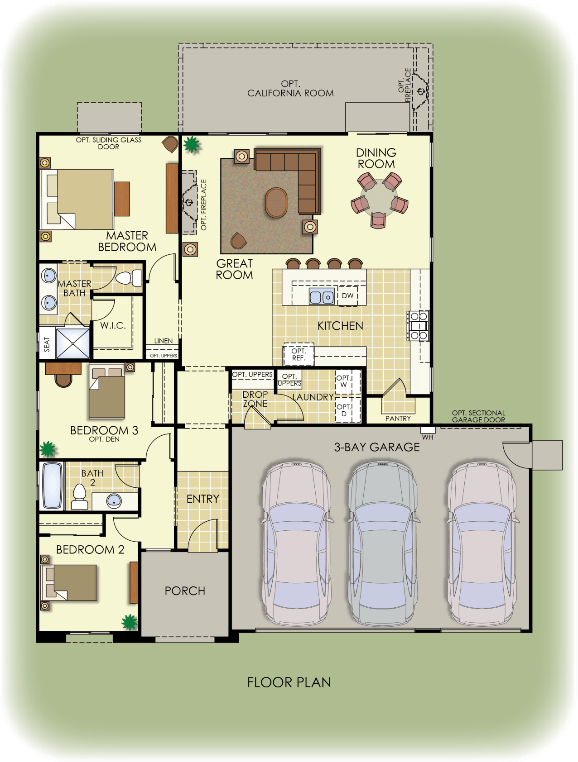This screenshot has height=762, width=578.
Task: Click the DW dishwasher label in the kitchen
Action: (347, 296)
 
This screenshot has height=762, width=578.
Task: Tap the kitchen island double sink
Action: (322, 297)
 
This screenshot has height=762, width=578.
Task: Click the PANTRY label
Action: (398, 419)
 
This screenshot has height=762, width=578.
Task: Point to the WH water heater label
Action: (428, 437)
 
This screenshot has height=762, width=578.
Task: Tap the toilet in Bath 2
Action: (80, 497)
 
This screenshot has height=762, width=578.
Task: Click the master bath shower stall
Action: (73, 343)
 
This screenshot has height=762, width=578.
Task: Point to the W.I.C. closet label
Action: (113, 325)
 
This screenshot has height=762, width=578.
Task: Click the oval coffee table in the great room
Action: (276, 203)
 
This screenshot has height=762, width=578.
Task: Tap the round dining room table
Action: (379, 201)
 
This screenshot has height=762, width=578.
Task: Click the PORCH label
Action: (185, 591)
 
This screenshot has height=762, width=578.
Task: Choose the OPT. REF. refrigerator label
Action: (299, 354)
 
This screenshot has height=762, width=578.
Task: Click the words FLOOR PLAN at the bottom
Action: (289, 682)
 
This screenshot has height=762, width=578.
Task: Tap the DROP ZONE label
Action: (255, 399)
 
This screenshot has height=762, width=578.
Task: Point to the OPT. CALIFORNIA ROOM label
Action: (290, 89)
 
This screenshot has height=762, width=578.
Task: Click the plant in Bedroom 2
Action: (130, 622)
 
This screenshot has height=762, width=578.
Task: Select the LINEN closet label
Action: (163, 341)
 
